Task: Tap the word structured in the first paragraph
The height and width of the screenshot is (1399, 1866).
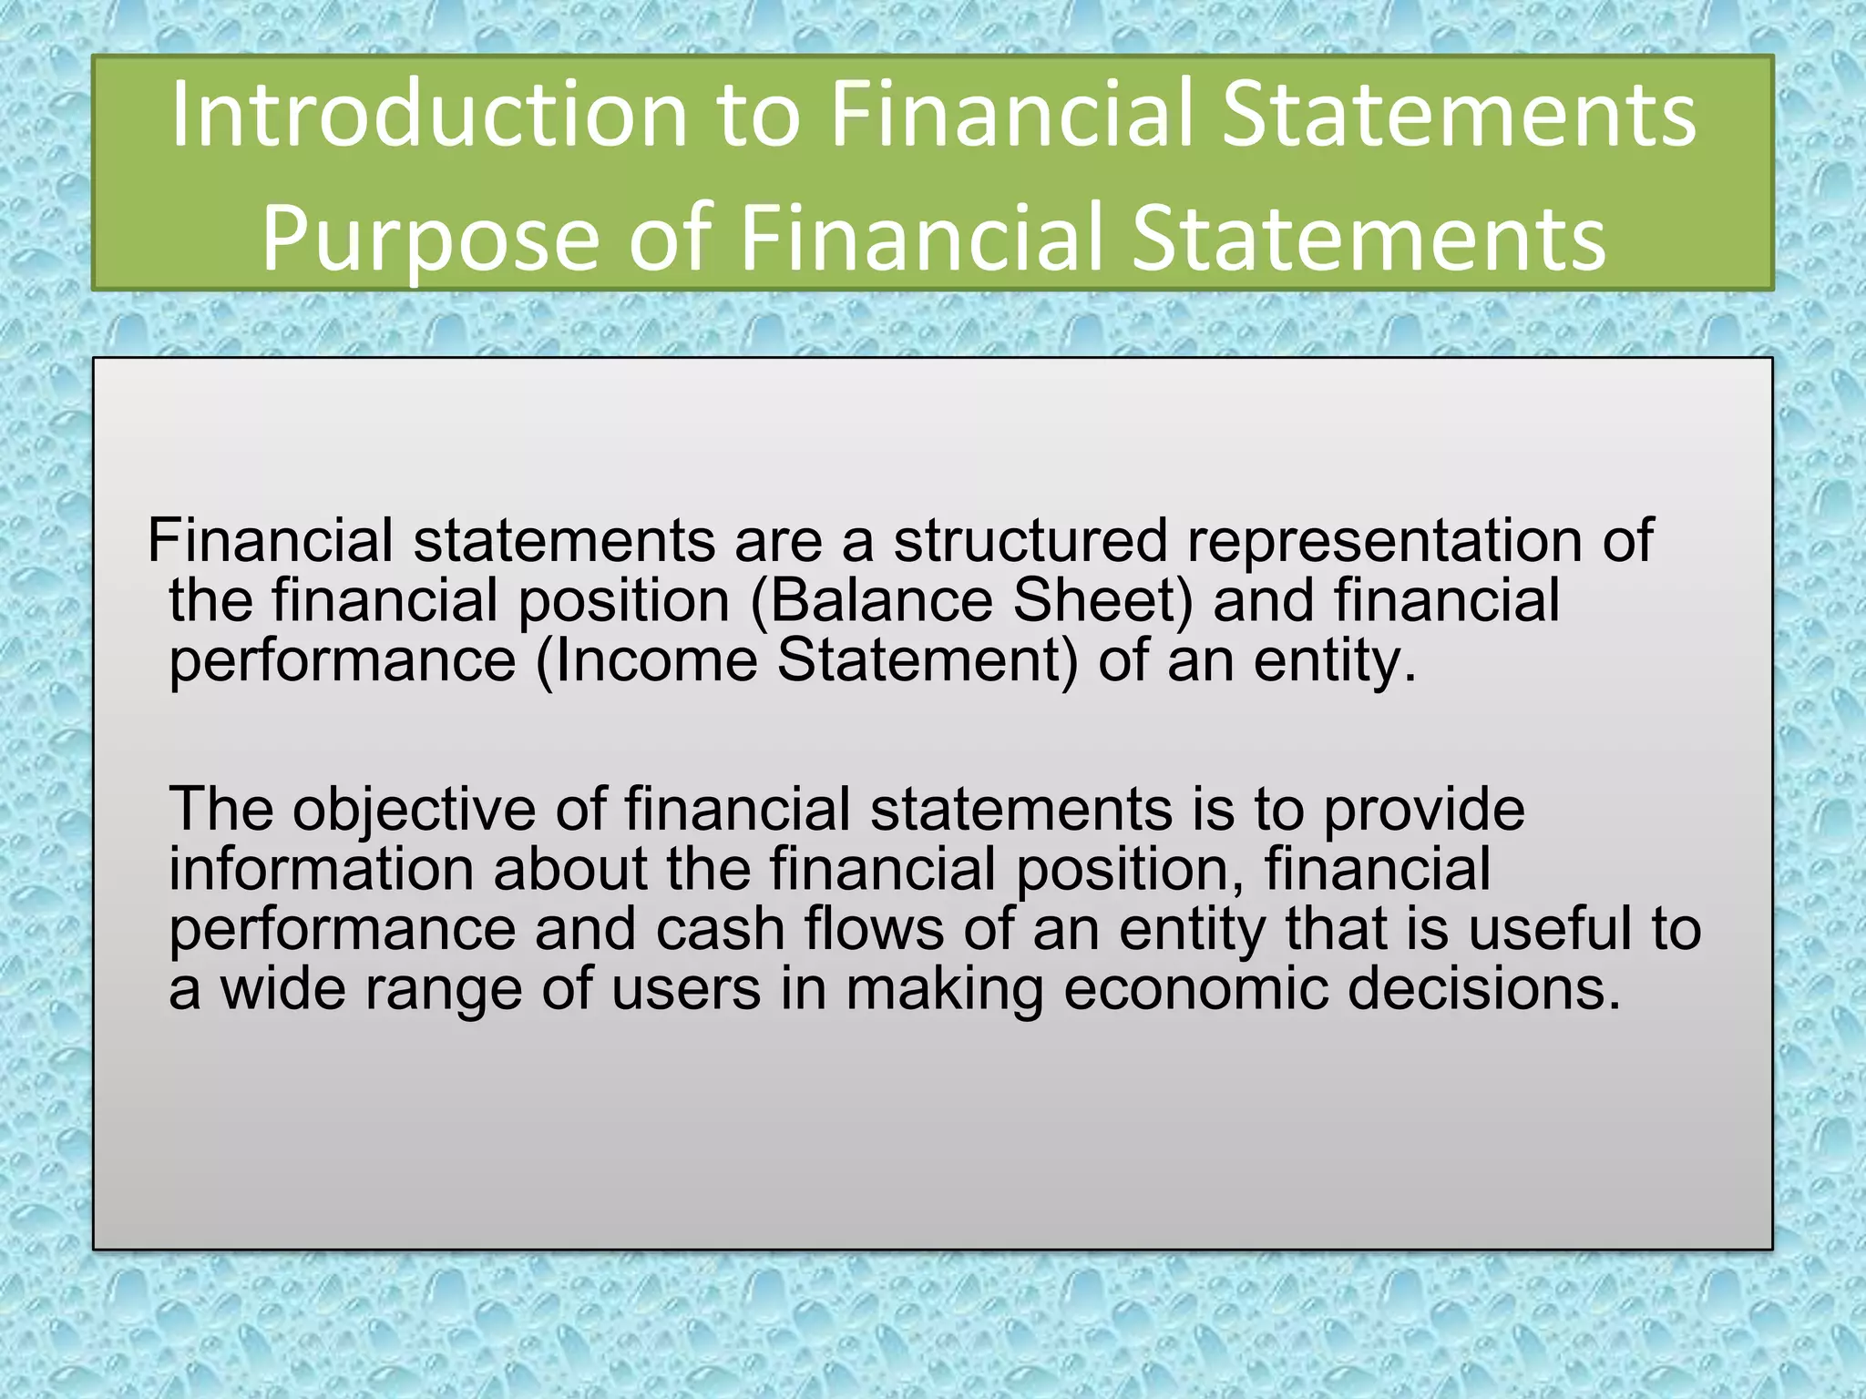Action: pos(1030,540)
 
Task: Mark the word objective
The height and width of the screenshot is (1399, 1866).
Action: pos(414,810)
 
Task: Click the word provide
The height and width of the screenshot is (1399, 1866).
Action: pos(1423,810)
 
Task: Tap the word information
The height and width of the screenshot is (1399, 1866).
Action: pos(321,869)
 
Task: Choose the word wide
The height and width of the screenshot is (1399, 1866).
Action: pos(283,989)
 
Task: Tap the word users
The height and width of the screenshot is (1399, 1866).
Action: pos(686,989)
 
